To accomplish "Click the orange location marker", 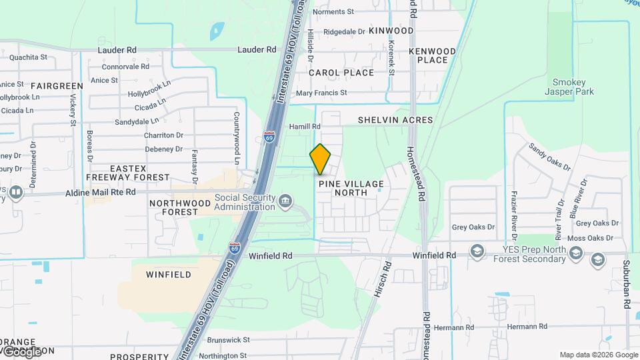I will [320, 159].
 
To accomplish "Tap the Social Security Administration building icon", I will [285, 200].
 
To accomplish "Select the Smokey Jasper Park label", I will [569, 87].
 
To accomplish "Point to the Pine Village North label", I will [351, 188].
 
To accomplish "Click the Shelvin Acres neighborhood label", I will [395, 120].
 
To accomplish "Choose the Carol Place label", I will [341, 73].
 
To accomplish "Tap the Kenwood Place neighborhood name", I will [432, 55].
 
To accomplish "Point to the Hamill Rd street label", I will [305, 126].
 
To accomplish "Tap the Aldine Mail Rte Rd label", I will [101, 192].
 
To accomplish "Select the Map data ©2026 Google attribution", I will [599, 355].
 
